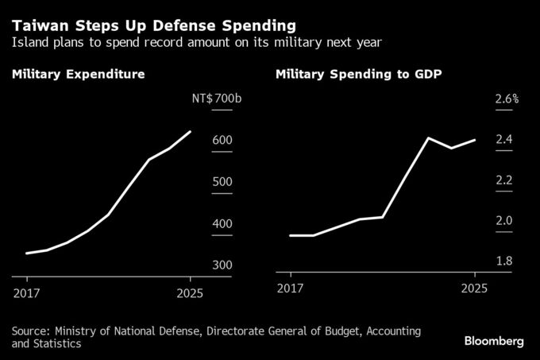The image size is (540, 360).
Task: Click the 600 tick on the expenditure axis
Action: click(222, 141)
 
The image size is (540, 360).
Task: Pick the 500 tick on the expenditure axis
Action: click(222, 182)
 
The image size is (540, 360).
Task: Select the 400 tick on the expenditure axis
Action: click(222, 223)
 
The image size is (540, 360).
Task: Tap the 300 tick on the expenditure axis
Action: click(222, 265)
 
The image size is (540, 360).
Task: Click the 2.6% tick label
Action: click(506, 99)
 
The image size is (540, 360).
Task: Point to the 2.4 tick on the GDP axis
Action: click(503, 141)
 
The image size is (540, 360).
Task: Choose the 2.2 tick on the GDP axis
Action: click(503, 181)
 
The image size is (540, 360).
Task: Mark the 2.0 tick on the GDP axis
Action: click(503, 221)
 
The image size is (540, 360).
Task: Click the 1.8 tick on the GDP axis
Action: click(503, 261)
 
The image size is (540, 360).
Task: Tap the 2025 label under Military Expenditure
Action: click(191, 292)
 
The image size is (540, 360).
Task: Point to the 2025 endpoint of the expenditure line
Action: click(191, 132)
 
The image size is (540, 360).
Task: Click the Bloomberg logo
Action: click(494, 341)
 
